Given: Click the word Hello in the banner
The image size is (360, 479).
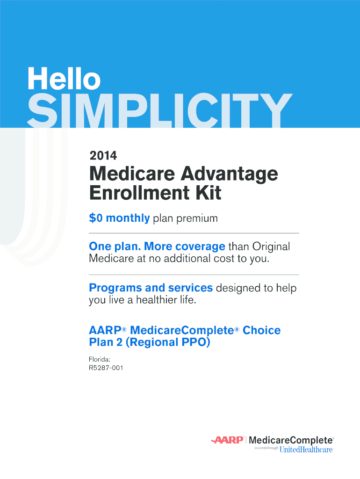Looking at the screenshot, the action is tap(64, 78).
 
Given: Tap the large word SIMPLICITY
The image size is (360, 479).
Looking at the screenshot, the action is tap(160, 110).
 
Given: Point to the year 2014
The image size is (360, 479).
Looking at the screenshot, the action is tap(103, 156).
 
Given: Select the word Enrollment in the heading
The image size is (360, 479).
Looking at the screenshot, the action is tap(139, 193).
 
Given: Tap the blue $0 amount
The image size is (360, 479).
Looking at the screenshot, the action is tap(95, 218).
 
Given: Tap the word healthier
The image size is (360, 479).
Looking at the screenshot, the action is tap(156, 300).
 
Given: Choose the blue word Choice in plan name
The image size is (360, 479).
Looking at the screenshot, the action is tap(262, 330).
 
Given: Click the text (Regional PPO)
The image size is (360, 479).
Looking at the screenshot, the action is tap(168, 342).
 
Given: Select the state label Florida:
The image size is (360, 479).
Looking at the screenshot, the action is tap(100, 360).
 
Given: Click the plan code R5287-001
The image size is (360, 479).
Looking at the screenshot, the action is tap(106, 368).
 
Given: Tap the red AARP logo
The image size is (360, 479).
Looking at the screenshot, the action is tap(228, 440).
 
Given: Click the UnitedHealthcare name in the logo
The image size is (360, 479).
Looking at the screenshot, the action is tap(306, 450).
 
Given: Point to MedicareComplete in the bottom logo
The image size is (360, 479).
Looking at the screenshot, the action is tap(291, 441).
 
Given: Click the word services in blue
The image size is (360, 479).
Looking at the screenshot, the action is tap(190, 288).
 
